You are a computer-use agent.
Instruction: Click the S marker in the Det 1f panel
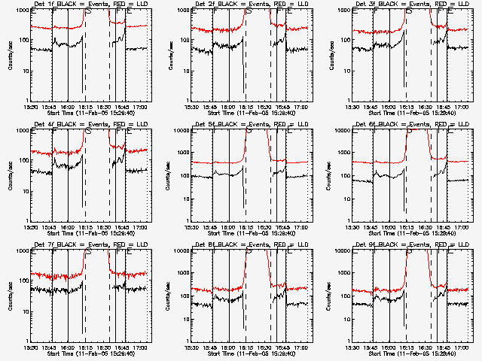89,12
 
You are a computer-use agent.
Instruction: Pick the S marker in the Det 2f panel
249,12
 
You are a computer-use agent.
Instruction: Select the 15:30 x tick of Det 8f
191,347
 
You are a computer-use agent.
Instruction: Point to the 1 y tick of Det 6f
347,221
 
